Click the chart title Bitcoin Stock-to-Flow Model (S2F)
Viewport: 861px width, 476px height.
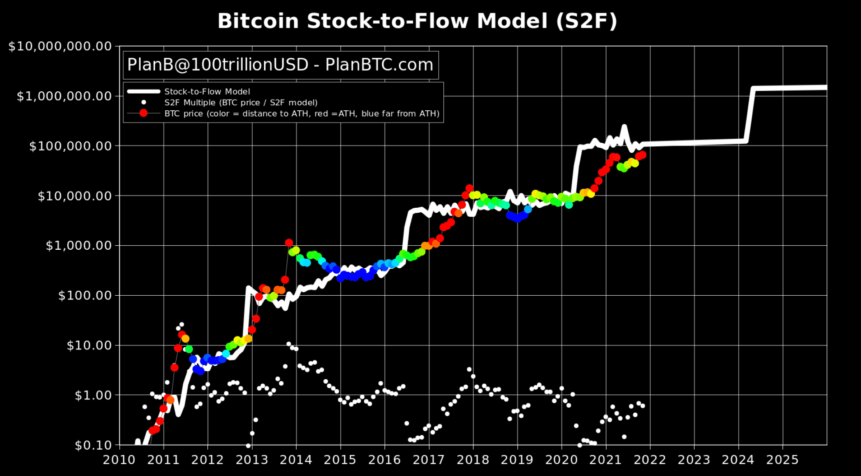[417, 21]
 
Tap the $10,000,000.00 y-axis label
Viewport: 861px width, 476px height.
[60, 46]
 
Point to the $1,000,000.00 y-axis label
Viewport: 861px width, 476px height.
[64, 96]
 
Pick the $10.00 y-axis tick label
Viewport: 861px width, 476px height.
[89, 346]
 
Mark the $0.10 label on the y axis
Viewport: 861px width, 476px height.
[93, 445]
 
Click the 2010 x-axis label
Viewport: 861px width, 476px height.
[119, 460]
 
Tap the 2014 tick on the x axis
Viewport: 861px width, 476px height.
[296, 460]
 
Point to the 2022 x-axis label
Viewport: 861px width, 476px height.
[650, 460]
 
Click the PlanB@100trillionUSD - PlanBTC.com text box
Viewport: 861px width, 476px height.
[280, 65]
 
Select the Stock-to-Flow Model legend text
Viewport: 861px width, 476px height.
[207, 92]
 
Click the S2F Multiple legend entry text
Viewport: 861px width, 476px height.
[240, 102]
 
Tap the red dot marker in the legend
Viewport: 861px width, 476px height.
[143, 113]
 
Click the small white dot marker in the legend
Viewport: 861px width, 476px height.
[143, 102]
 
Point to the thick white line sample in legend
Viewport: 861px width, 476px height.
[143, 92]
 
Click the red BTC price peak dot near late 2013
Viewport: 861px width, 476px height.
[289, 243]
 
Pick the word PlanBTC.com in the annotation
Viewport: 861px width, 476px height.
[379, 65]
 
